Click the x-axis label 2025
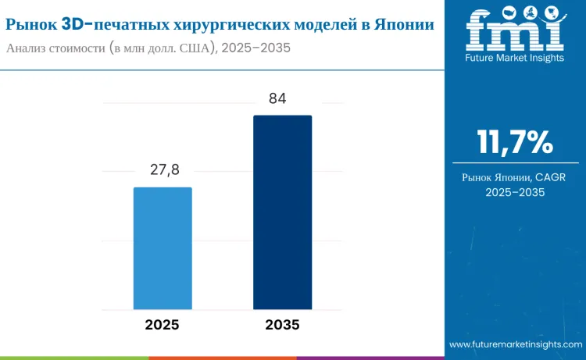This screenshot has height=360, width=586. (163, 325)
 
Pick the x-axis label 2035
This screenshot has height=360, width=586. (282, 325)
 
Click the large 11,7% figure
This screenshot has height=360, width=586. (515, 143)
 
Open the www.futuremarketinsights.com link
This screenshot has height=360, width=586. (516, 344)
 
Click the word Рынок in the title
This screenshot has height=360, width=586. (30, 24)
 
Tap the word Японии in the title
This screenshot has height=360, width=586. (407, 24)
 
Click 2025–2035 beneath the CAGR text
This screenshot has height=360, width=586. (515, 192)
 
